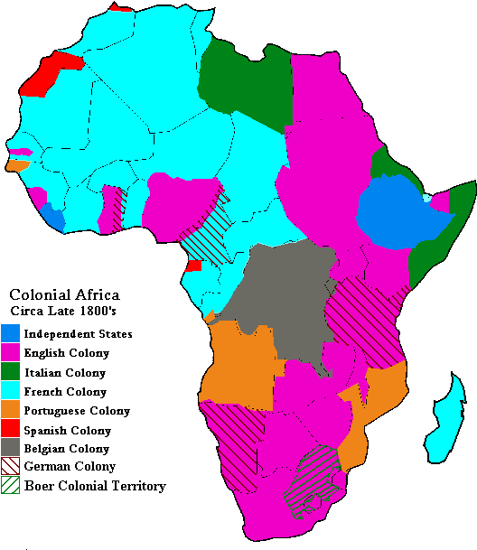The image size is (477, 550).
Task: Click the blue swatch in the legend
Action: click(x=10, y=332)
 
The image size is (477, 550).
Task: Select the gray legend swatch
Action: click(x=10, y=446)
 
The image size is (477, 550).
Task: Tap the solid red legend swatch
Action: click(x=10, y=427)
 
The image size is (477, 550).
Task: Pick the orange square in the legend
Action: click(x=10, y=408)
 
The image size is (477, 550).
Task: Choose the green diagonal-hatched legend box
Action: click(x=10, y=484)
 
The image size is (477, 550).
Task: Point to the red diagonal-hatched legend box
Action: click(x=10, y=465)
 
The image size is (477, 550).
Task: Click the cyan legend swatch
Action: click(x=10, y=389)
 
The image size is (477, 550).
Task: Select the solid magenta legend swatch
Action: click(x=10, y=351)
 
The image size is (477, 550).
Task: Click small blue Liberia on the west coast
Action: click(x=53, y=218)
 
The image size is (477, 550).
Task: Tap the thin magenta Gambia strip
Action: click(x=20, y=152)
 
